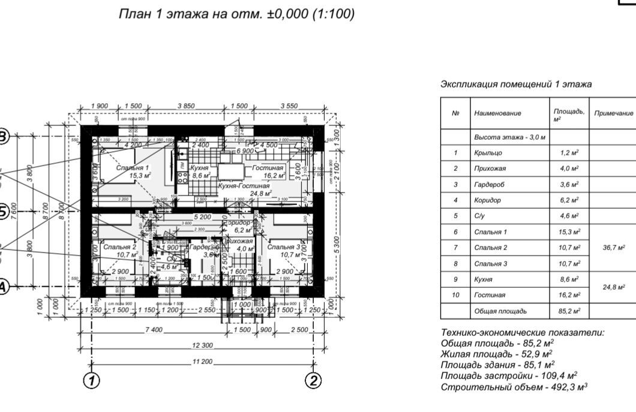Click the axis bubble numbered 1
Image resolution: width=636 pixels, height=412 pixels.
click(91, 381)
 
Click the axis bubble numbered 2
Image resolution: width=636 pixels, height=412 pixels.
click(313, 381)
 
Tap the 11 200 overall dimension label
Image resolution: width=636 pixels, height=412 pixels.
click(203, 362)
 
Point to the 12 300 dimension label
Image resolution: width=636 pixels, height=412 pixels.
click(203, 345)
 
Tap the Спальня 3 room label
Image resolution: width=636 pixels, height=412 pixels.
click(284, 246)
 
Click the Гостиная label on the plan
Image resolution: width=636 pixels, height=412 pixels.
click(267, 169)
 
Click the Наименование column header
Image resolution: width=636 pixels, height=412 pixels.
click(497, 113)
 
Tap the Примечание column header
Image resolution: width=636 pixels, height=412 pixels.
click(614, 113)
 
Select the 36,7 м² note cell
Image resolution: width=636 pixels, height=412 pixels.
click(613, 247)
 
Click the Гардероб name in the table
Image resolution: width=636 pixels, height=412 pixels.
click(489, 184)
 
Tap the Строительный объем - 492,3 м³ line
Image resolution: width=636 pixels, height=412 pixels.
click(514, 387)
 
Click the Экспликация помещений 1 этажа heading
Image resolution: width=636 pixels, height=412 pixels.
click(516, 85)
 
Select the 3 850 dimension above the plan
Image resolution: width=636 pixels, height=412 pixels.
click(186, 106)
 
